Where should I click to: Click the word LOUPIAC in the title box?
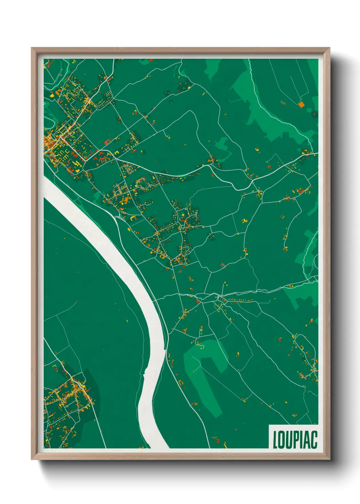(x=295, y=440)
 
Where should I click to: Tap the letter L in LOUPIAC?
(x=275, y=440)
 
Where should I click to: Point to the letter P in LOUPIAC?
(x=295, y=440)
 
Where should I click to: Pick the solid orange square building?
(x=301, y=104)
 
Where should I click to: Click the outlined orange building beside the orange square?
(x=283, y=102)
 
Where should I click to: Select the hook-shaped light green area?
(x=204, y=368)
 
